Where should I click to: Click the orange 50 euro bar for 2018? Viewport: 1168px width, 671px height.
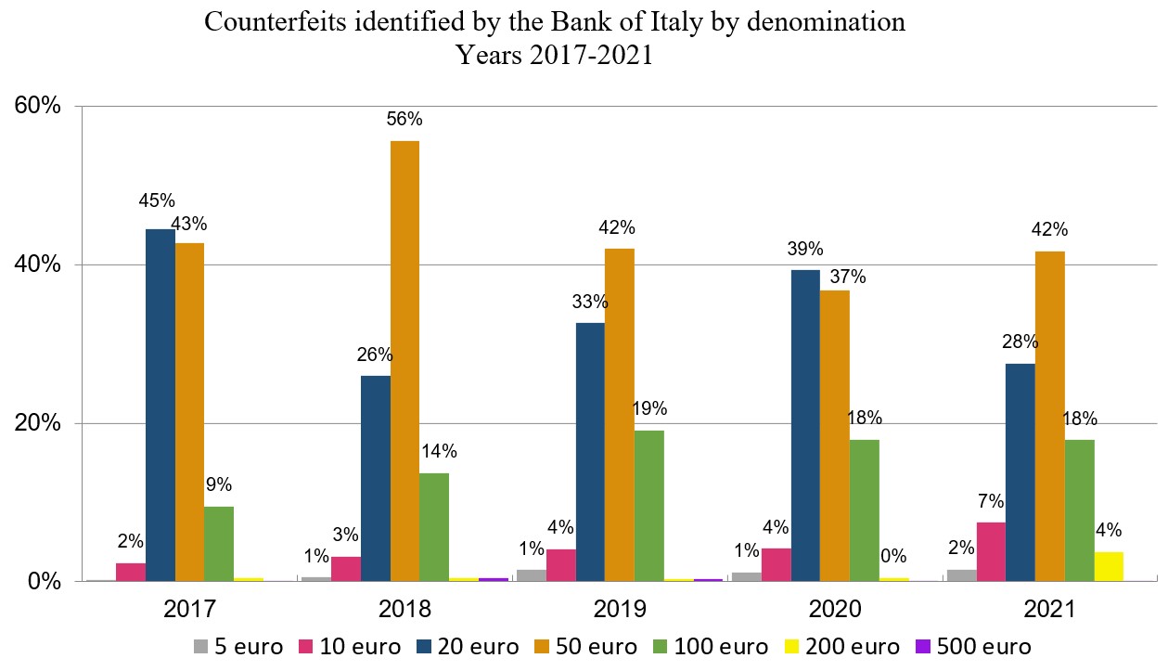(x=404, y=361)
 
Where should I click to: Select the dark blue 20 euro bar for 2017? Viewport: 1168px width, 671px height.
(x=160, y=405)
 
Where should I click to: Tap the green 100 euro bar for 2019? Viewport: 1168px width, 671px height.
(x=648, y=506)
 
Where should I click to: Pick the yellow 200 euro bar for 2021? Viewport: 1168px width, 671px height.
(x=1109, y=566)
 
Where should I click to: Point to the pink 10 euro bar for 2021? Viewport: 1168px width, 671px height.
(x=990, y=551)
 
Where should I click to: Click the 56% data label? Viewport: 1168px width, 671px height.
(x=405, y=119)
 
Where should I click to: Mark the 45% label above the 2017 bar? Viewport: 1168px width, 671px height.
(x=157, y=200)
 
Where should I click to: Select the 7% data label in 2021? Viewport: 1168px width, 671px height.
(x=991, y=501)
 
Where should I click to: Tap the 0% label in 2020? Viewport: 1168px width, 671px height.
(x=894, y=556)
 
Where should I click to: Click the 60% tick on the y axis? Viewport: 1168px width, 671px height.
(x=37, y=106)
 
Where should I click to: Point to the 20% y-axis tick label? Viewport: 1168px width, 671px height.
(x=37, y=423)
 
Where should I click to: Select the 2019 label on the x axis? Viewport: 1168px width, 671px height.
(x=621, y=610)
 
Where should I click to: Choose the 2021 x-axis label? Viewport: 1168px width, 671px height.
(x=1050, y=610)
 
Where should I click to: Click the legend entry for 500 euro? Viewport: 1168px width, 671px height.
(x=974, y=646)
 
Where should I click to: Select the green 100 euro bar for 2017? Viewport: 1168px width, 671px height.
(x=218, y=543)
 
